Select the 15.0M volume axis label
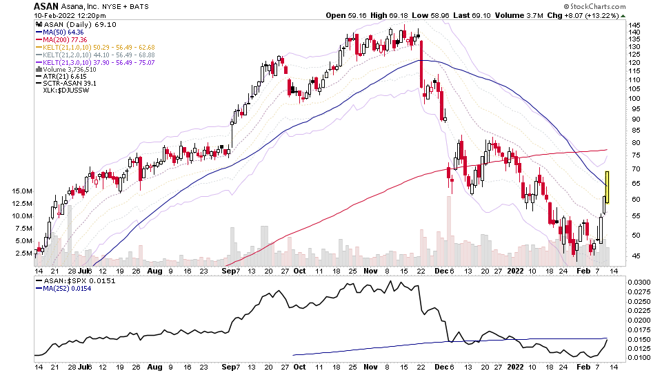pos(23,191)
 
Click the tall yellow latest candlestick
pos(608,186)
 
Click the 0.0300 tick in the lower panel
pos(638,283)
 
